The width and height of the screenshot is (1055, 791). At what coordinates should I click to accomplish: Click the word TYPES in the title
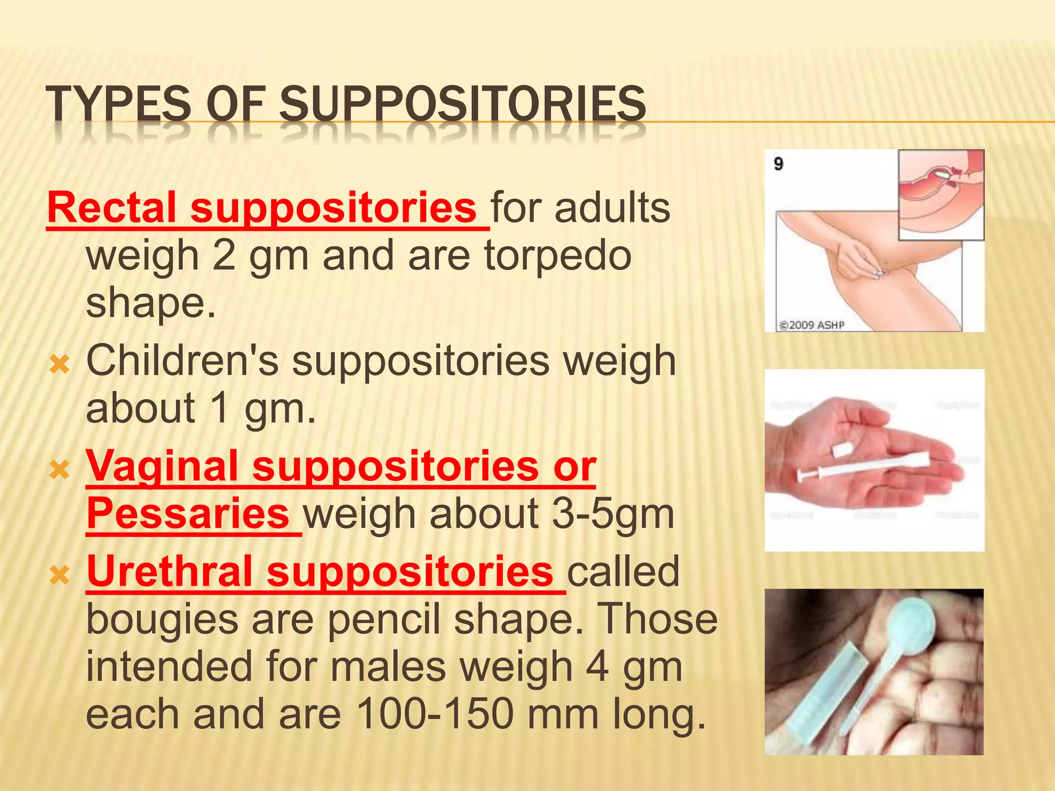[x=118, y=104]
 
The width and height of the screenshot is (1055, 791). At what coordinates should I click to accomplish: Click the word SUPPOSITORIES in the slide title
[x=462, y=104]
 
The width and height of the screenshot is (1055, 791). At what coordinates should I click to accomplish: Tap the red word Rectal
[x=112, y=208]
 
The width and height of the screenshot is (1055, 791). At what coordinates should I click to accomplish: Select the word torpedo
[x=557, y=255]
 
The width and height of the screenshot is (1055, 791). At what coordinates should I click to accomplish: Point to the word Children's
[x=182, y=360]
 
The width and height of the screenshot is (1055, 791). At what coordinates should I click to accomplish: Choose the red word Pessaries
[x=188, y=514]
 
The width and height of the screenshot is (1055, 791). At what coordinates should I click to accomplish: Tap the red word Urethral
[x=169, y=572]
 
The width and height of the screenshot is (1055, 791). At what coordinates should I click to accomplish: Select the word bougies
[x=162, y=620]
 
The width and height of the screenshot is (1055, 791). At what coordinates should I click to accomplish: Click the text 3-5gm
[x=612, y=514]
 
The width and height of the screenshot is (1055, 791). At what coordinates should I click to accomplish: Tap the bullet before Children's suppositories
[x=60, y=365]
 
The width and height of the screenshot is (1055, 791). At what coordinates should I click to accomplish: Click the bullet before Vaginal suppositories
[x=60, y=470]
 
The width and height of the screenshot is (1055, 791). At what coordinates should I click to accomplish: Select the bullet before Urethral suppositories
[x=60, y=576]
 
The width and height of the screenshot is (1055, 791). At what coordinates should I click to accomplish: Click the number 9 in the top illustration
[x=778, y=164]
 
